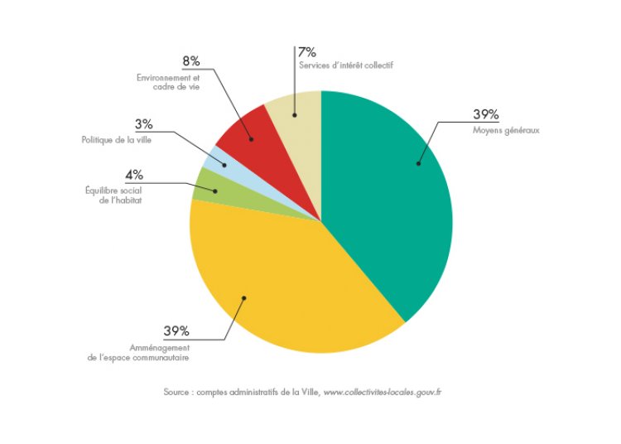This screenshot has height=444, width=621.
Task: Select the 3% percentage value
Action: [x=143, y=124]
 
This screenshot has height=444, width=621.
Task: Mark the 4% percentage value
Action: [x=134, y=175]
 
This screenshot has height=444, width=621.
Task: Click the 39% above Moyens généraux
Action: [x=488, y=114]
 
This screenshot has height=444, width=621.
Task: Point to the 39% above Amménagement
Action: [x=176, y=331]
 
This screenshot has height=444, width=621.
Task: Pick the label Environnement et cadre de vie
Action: [x=169, y=82]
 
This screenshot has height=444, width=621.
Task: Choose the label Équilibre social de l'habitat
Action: [x=115, y=195]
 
